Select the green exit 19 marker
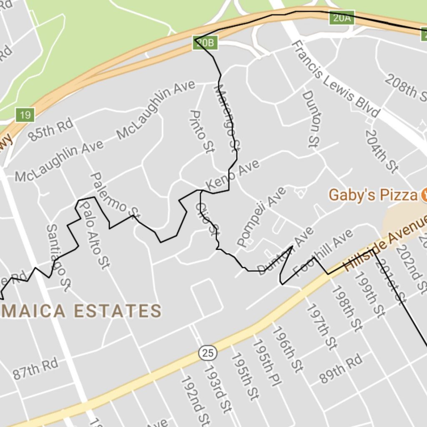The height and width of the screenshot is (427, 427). tap(25, 115)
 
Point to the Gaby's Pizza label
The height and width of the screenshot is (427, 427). tap(373, 195)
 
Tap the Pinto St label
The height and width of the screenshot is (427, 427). tap(201, 131)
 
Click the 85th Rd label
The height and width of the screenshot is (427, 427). tap(51, 130)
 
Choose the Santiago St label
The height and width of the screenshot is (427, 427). tap(58, 257)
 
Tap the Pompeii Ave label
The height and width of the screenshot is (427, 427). tap(261, 216)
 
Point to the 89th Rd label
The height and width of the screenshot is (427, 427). tap(341, 369)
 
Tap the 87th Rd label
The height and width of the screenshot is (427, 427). tap(35, 369)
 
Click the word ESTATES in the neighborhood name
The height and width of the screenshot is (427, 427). tap(118, 311)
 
